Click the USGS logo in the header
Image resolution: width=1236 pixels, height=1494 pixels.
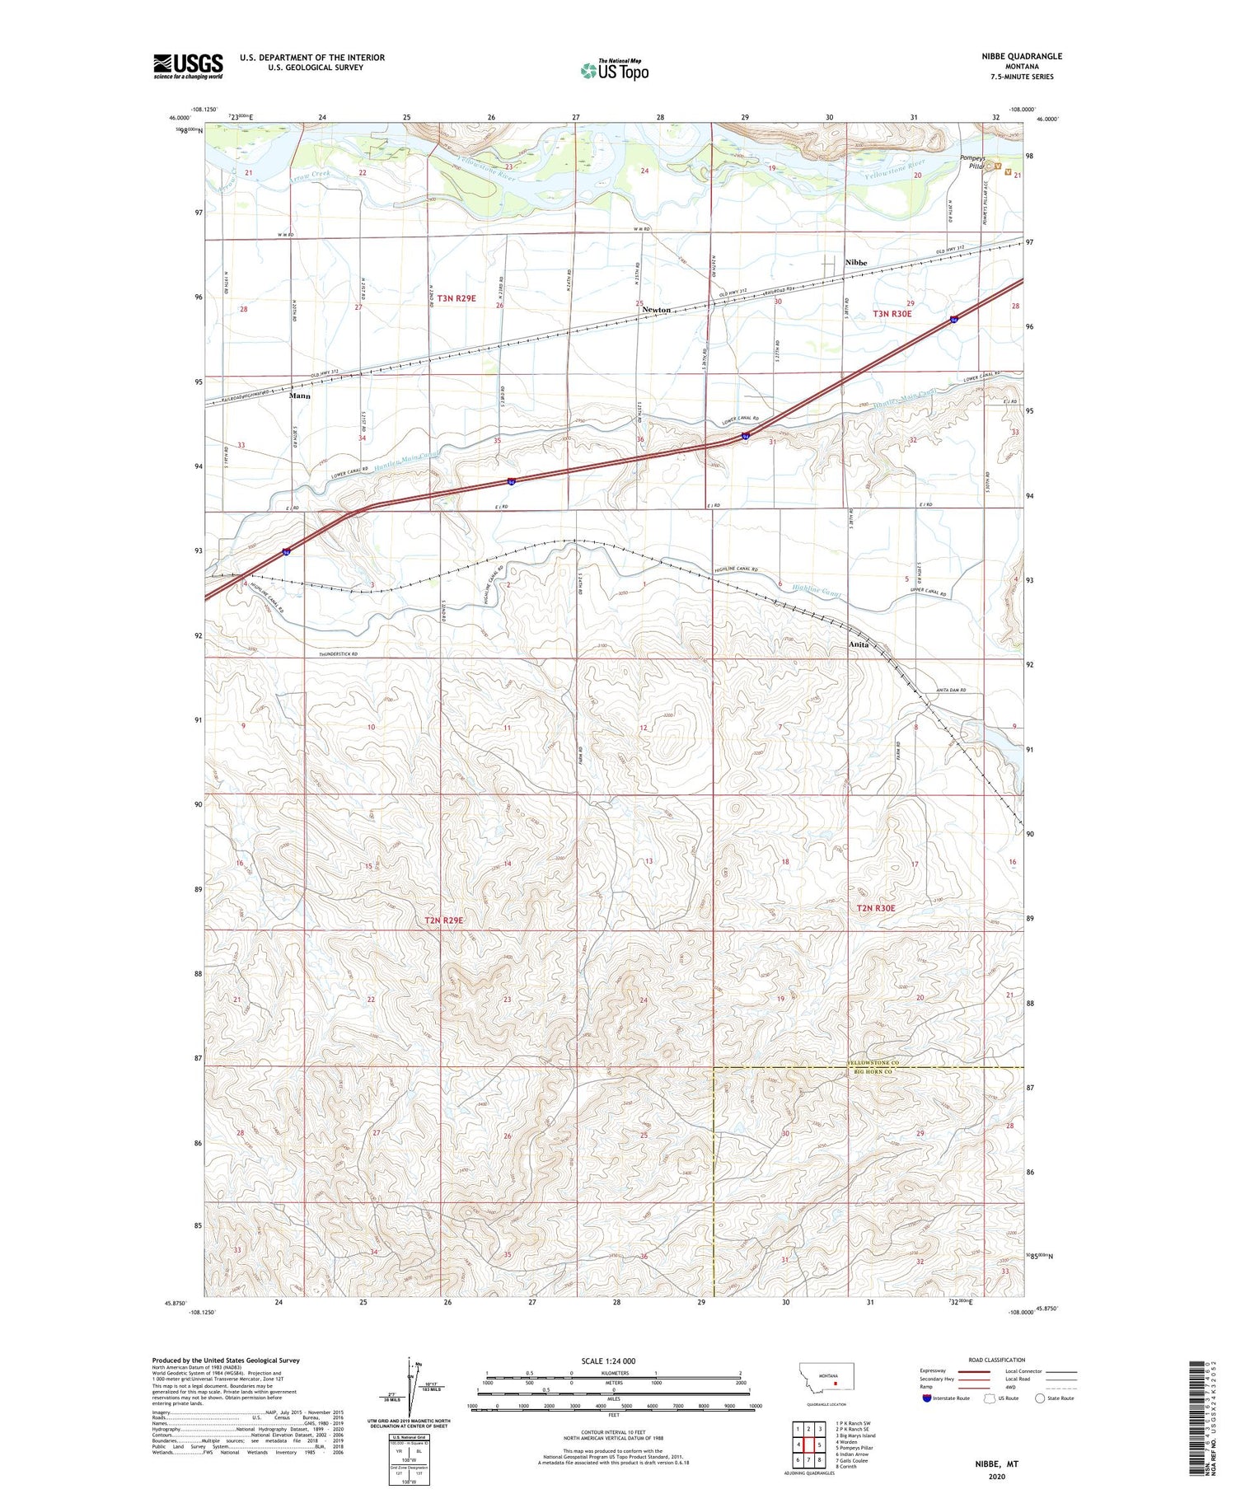click(188, 66)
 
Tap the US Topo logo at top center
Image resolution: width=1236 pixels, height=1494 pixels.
click(615, 71)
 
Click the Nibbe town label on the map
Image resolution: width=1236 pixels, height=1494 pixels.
click(856, 262)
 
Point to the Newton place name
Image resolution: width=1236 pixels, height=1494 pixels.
click(657, 310)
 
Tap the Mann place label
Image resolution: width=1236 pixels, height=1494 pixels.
click(300, 396)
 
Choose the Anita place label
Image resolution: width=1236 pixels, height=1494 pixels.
click(859, 644)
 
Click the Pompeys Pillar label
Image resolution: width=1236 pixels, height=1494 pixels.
click(976, 162)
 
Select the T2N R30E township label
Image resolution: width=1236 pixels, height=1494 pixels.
click(875, 908)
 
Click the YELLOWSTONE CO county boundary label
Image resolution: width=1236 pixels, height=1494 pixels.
click(873, 1064)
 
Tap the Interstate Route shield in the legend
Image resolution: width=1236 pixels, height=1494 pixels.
click(927, 1398)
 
